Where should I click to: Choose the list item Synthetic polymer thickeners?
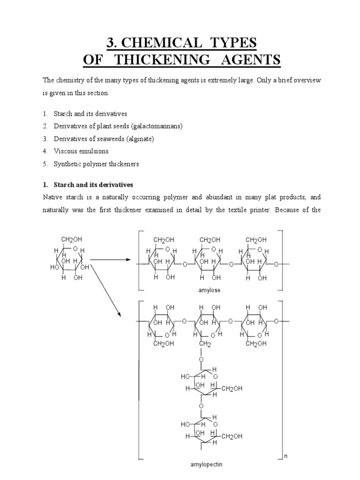point(97,164)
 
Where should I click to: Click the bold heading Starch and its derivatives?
point(94,185)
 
